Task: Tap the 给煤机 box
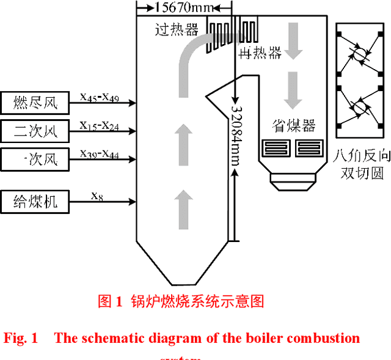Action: click(x=35, y=201)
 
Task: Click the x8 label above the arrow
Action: click(x=97, y=196)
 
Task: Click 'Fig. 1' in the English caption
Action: click(x=21, y=338)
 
